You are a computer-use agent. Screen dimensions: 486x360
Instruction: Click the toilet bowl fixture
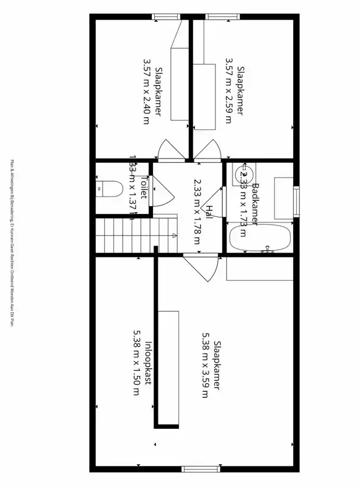[x=108, y=190]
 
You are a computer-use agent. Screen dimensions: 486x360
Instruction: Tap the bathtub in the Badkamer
[x=260, y=238]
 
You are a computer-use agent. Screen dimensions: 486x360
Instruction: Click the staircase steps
[x=124, y=235]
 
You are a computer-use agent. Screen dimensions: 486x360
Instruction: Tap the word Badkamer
[x=256, y=204]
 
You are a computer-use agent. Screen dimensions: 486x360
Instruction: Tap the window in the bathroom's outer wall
[x=296, y=202]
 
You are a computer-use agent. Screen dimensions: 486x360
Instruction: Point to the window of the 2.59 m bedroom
[x=216, y=17]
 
